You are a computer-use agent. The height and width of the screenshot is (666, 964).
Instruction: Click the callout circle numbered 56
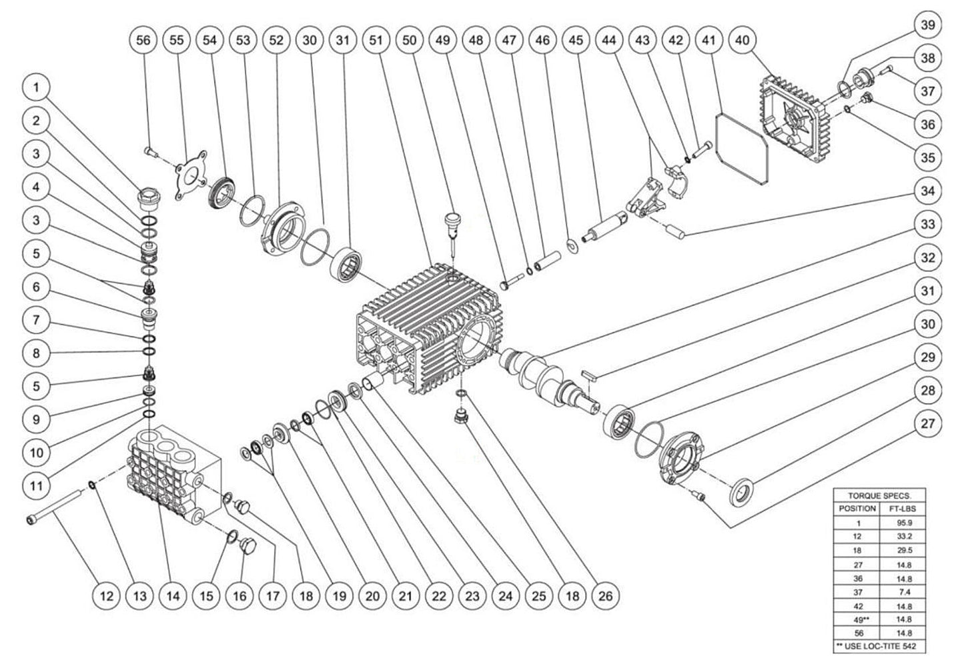click(x=143, y=40)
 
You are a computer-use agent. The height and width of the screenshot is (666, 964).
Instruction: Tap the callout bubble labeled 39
click(x=928, y=25)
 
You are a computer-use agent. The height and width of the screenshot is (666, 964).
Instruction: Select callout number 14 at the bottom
click(x=173, y=596)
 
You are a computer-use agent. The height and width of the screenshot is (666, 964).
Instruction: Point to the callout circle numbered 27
click(x=928, y=423)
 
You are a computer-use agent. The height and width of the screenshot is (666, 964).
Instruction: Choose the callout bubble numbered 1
click(x=36, y=87)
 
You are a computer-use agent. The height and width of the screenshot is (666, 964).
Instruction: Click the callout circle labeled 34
click(x=928, y=191)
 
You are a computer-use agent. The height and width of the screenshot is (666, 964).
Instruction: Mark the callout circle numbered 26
click(x=606, y=596)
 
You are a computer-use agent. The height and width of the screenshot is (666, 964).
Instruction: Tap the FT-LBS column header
click(x=903, y=509)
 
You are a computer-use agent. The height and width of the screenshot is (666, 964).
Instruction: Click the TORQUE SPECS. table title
click(x=880, y=495)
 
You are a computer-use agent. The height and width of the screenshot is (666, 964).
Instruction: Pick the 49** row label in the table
click(x=858, y=619)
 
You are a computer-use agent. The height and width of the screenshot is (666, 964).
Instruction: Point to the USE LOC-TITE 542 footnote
click(x=879, y=646)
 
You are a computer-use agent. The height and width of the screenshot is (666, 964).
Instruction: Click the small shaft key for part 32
click(x=588, y=375)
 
